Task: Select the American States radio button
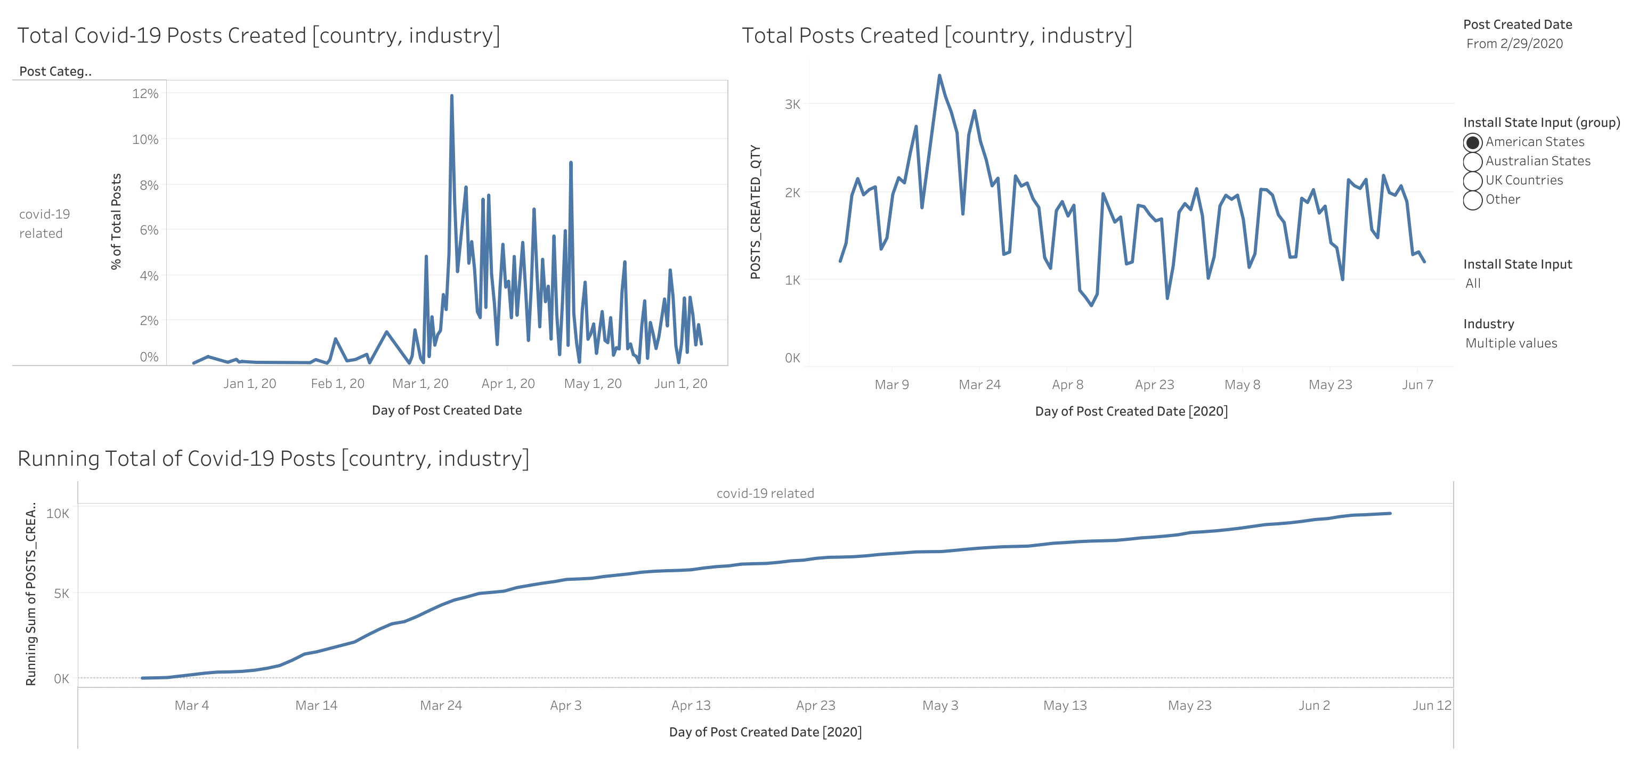[x=1472, y=142]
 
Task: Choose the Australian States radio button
[x=1472, y=161]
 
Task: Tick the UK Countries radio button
[x=1472, y=181]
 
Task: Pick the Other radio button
[x=1472, y=200]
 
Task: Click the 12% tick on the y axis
[x=145, y=93]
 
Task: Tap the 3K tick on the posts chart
[x=792, y=104]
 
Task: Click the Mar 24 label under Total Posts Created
[x=979, y=384]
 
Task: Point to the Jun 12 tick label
[x=1431, y=706]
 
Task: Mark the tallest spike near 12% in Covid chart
[x=451, y=96]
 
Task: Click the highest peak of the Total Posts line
[x=939, y=76]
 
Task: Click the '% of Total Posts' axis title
[x=116, y=221]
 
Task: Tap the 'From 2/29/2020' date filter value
[x=1514, y=44]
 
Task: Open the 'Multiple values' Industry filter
[x=1511, y=344]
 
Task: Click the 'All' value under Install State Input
[x=1473, y=283]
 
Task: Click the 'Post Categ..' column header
[x=55, y=71]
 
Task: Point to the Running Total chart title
[x=273, y=459]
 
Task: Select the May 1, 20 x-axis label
[x=593, y=384]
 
